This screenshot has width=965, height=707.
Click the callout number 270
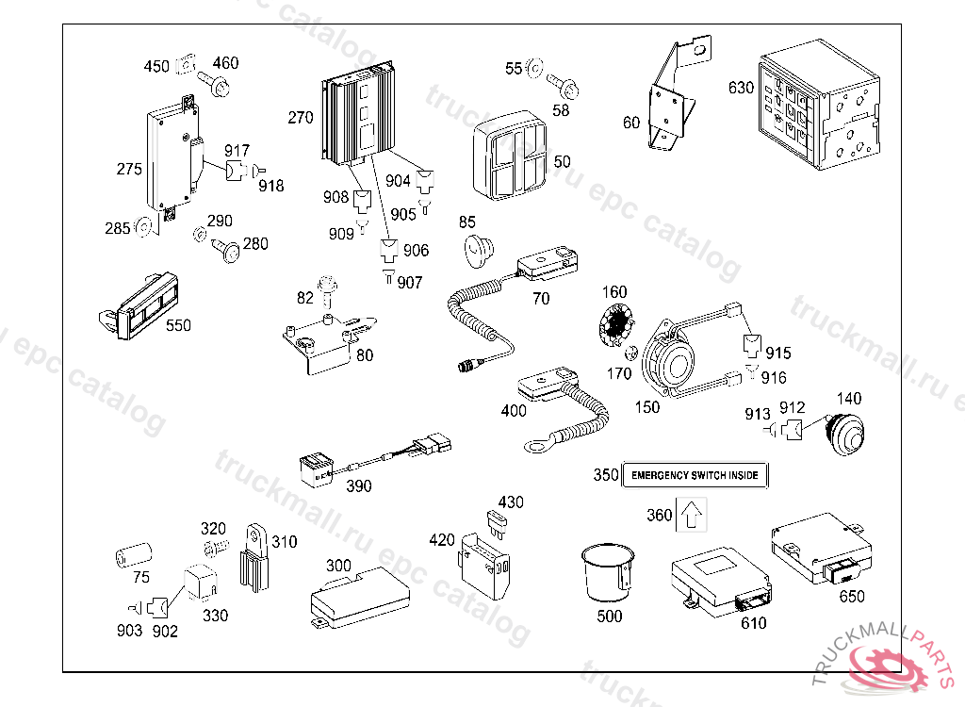pyautogui.click(x=300, y=119)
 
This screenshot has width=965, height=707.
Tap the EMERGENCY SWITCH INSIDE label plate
pyautogui.click(x=695, y=476)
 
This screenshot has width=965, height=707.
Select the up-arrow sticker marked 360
pyautogui.click(x=691, y=516)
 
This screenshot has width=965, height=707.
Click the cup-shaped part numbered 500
pyautogui.click(x=605, y=571)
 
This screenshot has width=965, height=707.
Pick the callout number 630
pyautogui.click(x=741, y=89)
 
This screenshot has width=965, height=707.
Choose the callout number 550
pyautogui.click(x=178, y=326)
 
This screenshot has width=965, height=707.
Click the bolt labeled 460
pyautogui.click(x=220, y=88)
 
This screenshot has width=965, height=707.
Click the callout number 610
pyautogui.click(x=753, y=623)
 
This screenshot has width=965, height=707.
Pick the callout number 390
pyautogui.click(x=359, y=486)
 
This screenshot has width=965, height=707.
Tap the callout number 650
pyautogui.click(x=851, y=597)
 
